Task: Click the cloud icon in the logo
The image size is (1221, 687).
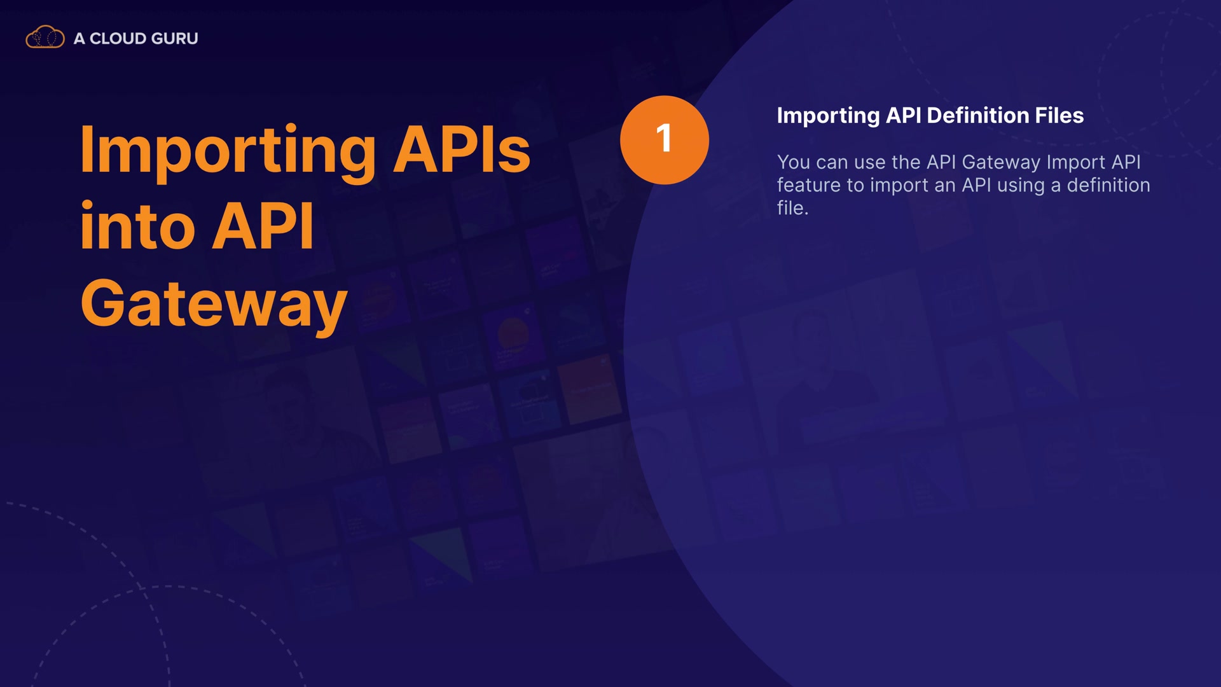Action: (x=45, y=38)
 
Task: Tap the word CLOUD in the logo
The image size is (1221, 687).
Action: (x=118, y=39)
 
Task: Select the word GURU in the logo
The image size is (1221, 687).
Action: (x=174, y=39)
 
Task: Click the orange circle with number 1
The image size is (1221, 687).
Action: (x=665, y=140)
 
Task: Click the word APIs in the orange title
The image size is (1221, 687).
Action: (x=462, y=149)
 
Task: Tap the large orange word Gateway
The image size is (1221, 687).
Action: (x=214, y=305)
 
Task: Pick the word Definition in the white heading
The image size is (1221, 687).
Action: (x=978, y=115)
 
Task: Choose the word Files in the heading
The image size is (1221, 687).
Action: (x=1059, y=115)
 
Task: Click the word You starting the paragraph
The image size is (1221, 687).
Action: (x=794, y=162)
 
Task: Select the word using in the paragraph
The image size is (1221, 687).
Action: (x=1021, y=186)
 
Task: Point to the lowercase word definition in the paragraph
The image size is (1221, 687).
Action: (x=1108, y=185)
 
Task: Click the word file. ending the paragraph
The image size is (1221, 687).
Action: (x=792, y=208)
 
